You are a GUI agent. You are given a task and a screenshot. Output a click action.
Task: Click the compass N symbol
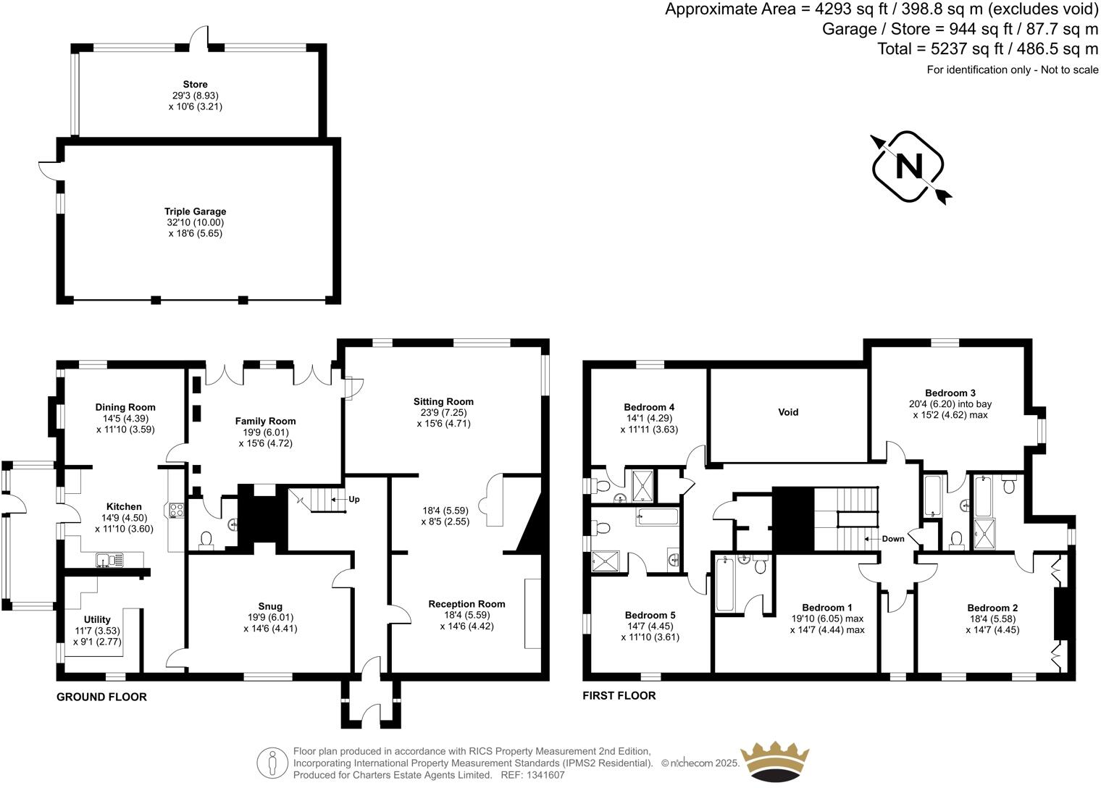[909, 167]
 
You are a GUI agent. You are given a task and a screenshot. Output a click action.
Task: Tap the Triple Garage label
[195, 212]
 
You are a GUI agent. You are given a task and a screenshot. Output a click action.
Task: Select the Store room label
[195, 85]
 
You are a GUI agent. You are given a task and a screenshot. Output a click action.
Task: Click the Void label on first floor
[788, 412]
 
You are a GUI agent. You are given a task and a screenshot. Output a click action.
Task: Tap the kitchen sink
[109, 559]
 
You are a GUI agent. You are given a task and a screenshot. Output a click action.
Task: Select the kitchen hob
[175, 510]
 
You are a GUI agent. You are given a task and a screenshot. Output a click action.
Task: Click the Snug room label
[270, 606]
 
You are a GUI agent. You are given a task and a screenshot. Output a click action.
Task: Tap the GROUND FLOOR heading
[102, 697]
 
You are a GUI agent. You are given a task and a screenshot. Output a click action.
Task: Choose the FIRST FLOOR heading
[619, 695]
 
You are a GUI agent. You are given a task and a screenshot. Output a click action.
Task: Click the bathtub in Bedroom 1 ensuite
[725, 584]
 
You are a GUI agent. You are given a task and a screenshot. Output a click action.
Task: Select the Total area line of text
[988, 49]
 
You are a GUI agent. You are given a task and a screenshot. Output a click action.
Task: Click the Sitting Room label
[443, 401]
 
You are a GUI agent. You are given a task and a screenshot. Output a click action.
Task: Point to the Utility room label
[97, 619]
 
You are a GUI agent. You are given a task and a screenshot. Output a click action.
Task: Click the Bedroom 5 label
[650, 615]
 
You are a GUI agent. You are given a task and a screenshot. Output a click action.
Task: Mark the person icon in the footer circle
[272, 763]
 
